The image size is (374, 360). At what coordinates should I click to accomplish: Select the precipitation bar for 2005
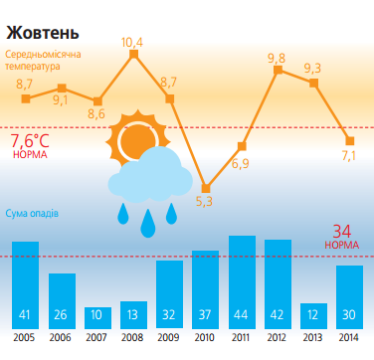25,284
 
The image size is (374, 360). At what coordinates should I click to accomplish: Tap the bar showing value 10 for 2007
97,318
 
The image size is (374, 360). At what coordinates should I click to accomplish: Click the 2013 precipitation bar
313,316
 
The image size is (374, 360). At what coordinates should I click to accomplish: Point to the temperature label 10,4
132,42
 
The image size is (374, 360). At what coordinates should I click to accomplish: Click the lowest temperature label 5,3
204,202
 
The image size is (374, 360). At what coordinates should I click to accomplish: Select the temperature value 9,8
277,58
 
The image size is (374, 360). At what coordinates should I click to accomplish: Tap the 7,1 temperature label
348,155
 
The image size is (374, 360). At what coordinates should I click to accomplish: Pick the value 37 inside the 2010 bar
205,316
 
